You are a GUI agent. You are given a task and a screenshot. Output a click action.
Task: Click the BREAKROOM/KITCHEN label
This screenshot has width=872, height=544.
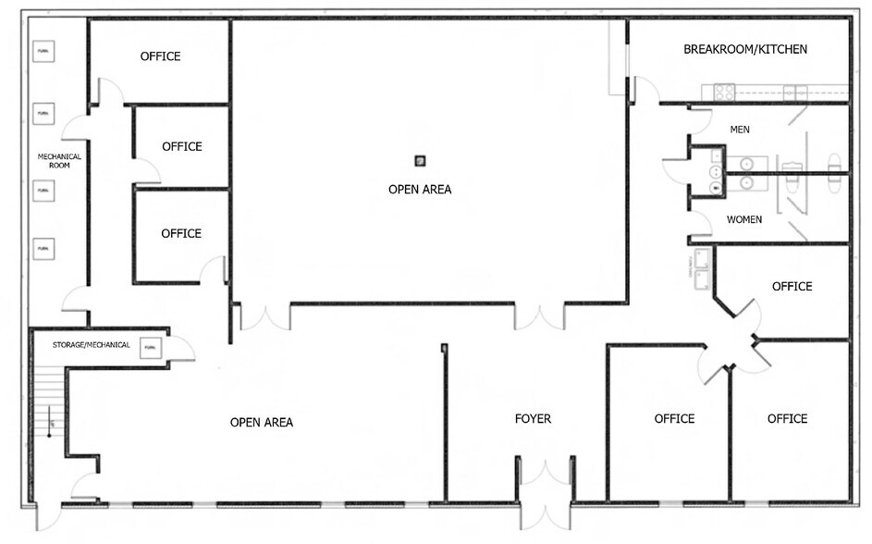[745, 49]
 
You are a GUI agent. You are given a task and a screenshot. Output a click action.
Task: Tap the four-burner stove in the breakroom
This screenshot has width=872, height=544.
[723, 91]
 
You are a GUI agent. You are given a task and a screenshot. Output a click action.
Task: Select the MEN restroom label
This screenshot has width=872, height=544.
[740, 130]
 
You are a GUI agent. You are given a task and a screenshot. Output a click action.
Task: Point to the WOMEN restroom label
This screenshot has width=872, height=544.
[744, 219]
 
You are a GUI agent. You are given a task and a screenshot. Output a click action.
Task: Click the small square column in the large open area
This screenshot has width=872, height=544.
[421, 161]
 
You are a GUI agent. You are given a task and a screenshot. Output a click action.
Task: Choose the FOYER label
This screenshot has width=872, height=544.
[533, 419]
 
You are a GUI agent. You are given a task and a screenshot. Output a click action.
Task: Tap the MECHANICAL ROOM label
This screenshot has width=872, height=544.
[59, 161]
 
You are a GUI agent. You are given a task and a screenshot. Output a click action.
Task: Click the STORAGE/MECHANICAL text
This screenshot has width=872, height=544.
[90, 345]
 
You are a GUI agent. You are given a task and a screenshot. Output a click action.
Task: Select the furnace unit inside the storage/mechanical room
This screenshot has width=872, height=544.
[150, 348]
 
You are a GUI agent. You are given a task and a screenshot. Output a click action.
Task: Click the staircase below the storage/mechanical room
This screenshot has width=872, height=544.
[46, 407]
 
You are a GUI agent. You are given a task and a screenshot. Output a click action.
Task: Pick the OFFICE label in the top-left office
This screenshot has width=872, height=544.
[160, 56]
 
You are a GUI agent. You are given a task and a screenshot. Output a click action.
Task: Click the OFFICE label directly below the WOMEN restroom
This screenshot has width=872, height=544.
[792, 287]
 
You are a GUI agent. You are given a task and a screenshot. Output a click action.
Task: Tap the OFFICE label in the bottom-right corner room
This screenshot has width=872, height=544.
[787, 419]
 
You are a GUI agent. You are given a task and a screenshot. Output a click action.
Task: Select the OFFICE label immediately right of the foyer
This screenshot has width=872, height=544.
[674, 419]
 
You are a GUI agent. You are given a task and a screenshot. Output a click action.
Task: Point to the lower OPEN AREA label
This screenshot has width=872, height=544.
[262, 423]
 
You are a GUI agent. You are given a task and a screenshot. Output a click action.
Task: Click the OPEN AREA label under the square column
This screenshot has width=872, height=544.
[420, 190]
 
